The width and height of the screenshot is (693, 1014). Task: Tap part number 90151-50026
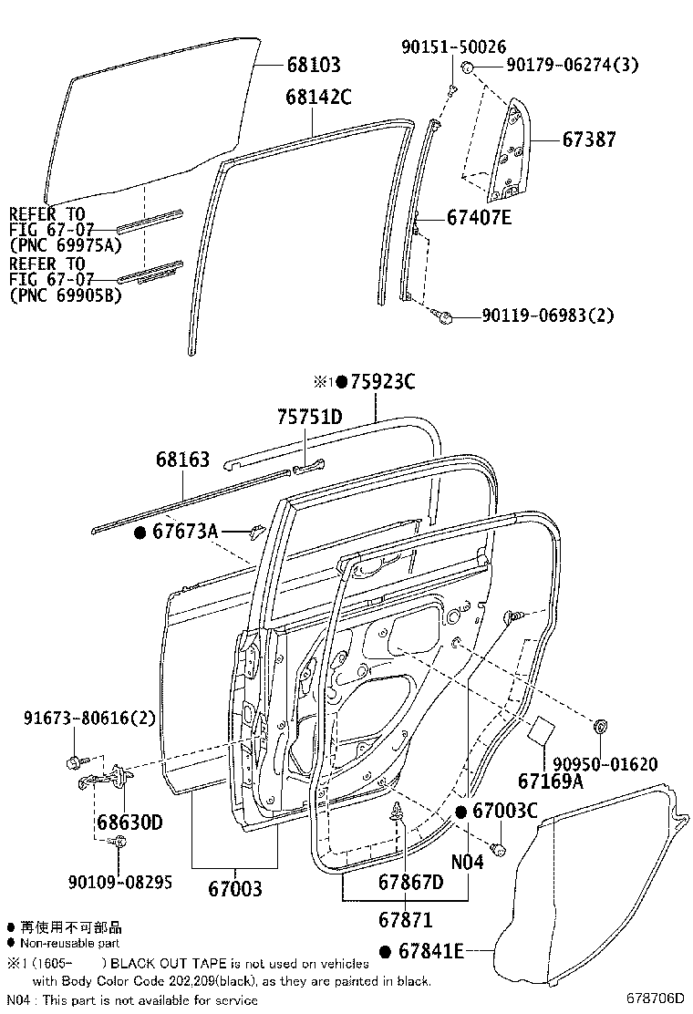pos(453,47)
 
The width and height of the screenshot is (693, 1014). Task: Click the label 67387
pos(588,140)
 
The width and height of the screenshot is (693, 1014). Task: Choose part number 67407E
pos(479,218)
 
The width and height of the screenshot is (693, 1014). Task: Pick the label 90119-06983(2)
pos(548,316)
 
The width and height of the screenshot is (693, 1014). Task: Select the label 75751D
pos(309,417)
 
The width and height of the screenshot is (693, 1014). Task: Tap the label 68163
pos(182,460)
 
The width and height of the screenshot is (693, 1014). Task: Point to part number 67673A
pos(185,531)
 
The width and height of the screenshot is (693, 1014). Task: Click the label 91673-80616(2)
pos(88,719)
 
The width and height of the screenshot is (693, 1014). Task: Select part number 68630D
pos(129,823)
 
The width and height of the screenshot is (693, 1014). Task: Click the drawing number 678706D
pos(654,998)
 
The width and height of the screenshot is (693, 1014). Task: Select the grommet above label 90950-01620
pos(602,727)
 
